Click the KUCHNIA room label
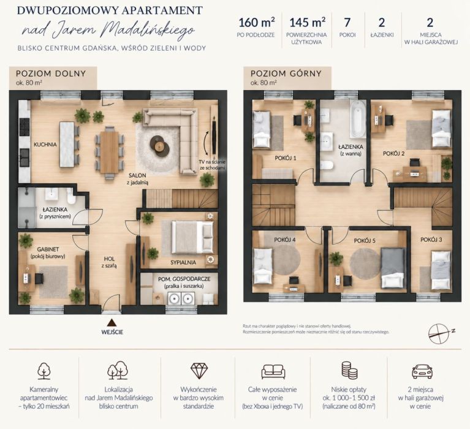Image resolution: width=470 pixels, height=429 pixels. [x=45, y=145]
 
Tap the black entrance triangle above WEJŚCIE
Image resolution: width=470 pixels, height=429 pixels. [x=112, y=322]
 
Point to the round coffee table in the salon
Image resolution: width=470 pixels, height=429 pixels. [x=160, y=145]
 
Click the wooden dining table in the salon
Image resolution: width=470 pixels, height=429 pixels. [x=109, y=152]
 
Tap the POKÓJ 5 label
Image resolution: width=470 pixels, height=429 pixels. [x=365, y=241]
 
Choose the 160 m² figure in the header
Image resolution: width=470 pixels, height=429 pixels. [x=256, y=23]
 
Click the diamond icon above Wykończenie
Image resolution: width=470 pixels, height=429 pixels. [x=199, y=371]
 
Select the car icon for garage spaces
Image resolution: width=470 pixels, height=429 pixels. [x=422, y=371]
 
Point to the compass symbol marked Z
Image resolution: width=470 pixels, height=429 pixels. [x=439, y=333]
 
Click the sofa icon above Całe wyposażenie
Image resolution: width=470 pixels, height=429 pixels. [x=273, y=371]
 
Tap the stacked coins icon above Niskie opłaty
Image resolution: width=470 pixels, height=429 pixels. [x=349, y=370]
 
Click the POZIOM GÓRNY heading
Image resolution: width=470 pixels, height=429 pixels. [x=286, y=74]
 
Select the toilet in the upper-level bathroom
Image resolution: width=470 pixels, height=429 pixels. [x=327, y=165]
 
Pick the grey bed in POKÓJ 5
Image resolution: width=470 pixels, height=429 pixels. [x=393, y=268]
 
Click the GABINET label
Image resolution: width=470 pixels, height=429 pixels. [x=48, y=249]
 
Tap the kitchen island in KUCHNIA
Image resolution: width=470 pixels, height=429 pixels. [x=67, y=144]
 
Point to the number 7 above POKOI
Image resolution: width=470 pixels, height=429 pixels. [x=347, y=23]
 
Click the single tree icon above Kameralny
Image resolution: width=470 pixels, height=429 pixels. [x=44, y=371]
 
